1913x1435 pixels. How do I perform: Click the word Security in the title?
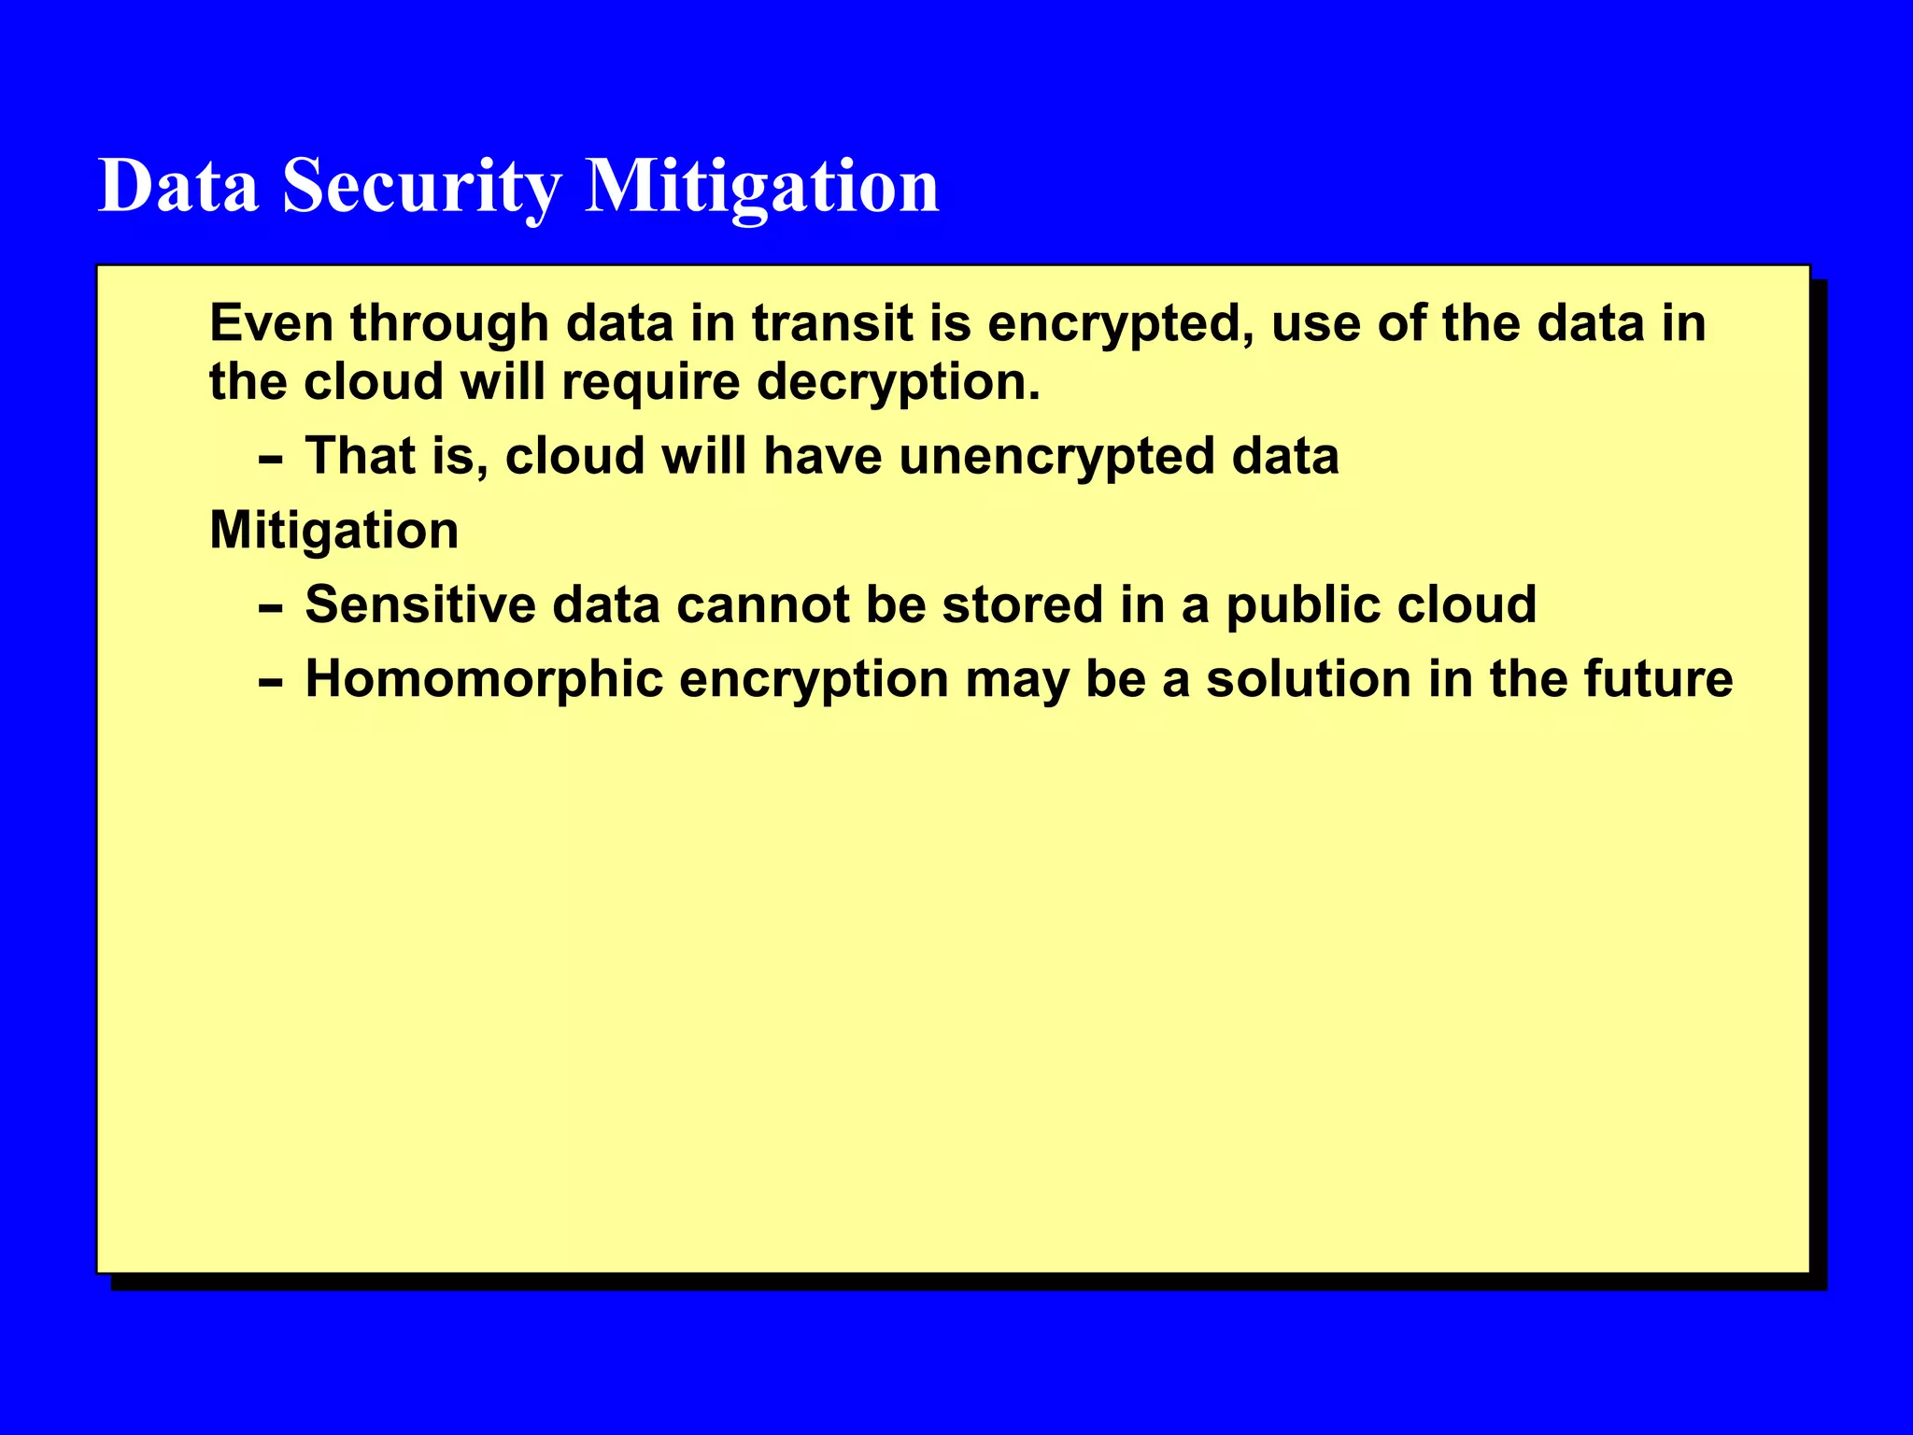coord(421,186)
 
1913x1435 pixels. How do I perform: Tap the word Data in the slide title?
coord(178,186)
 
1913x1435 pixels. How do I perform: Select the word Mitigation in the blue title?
coord(761,186)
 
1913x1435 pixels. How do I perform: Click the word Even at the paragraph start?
coord(272,323)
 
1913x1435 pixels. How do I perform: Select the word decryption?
coord(898,383)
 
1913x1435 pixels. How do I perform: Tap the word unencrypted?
coord(1056,458)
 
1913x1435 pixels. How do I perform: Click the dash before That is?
coord(270,461)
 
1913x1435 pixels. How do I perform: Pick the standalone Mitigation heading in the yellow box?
coord(333,532)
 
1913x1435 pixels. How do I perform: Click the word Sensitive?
coord(420,604)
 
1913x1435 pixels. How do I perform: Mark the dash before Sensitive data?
coord(270,609)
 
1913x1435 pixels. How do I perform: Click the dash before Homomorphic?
coord(270,684)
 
